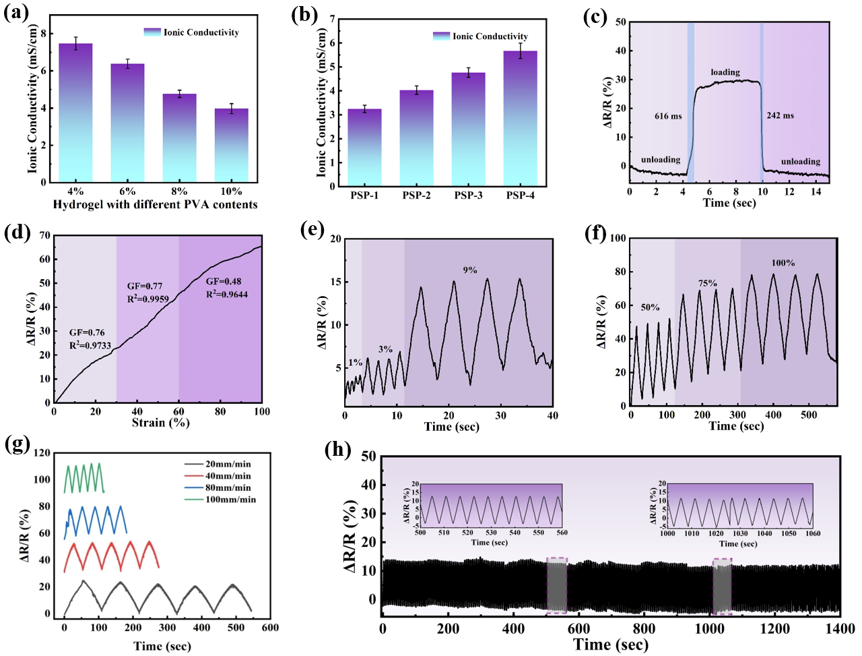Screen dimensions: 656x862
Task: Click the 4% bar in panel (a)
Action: pyautogui.click(x=75, y=115)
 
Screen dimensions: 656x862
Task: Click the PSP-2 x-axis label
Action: pyautogui.click(x=417, y=196)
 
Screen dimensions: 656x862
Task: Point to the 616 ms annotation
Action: pyautogui.click(x=668, y=116)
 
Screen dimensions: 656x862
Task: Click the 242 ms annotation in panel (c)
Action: pyautogui.click(x=780, y=115)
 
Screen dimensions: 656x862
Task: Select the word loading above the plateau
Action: pyautogui.click(x=725, y=72)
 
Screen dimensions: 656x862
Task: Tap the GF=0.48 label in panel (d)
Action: pyautogui.click(x=224, y=281)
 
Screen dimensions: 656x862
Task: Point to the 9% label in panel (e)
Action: pyautogui.click(x=469, y=270)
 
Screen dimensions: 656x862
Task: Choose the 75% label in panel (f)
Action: pyautogui.click(x=707, y=283)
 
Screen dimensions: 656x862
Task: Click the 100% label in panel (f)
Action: pyautogui.click(x=783, y=263)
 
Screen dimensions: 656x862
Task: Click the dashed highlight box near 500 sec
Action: pyautogui.click(x=557, y=585)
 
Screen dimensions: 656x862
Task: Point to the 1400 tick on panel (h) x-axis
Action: pyautogui.click(x=840, y=629)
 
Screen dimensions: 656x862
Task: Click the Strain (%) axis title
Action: pyautogui.click(x=160, y=423)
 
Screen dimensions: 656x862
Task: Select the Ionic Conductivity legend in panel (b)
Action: pyautogui.click(x=480, y=36)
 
